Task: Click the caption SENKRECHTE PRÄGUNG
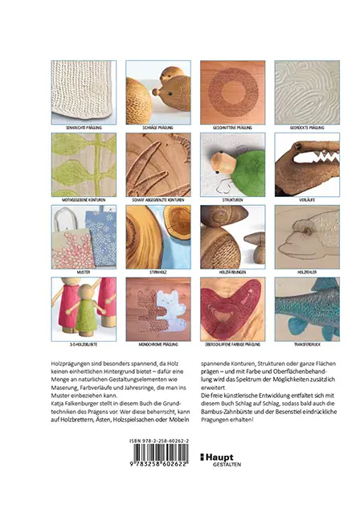pyautogui.click(x=82, y=127)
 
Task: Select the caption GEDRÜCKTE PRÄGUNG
pyautogui.click(x=305, y=127)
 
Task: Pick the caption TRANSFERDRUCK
pyautogui.click(x=305, y=345)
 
